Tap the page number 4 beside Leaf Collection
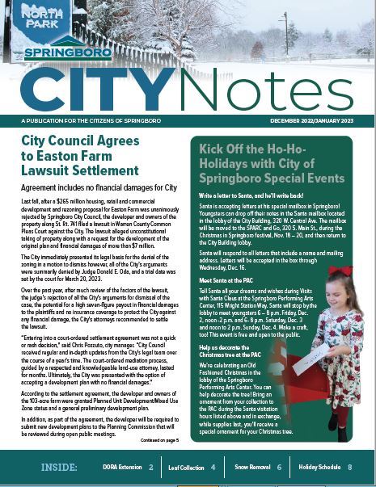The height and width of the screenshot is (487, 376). pyautogui.click(x=213, y=468)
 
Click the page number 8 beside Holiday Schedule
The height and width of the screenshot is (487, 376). pyautogui.click(x=350, y=468)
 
